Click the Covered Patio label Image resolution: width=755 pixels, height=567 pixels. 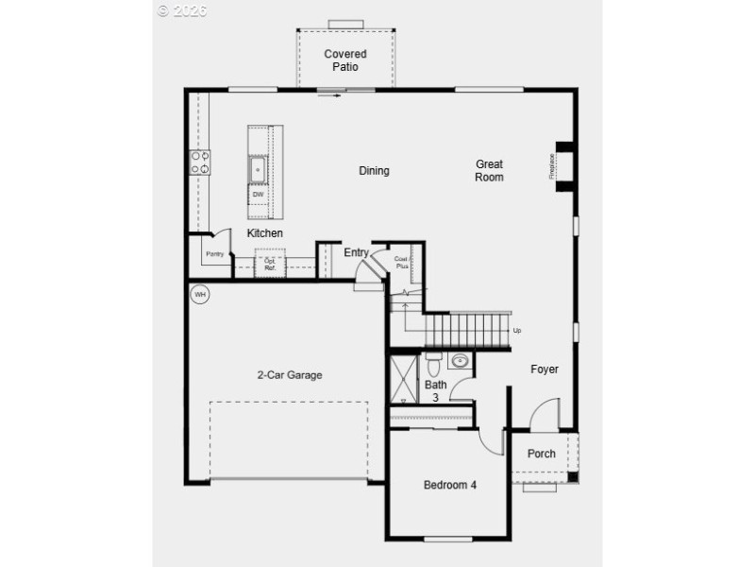(x=344, y=60)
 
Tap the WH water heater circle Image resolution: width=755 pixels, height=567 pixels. (x=199, y=295)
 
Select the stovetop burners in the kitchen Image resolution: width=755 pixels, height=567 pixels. (x=200, y=163)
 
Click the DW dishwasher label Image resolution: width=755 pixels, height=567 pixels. (x=258, y=194)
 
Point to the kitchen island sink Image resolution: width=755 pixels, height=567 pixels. (x=258, y=168)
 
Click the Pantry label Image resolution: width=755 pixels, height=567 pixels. (x=215, y=253)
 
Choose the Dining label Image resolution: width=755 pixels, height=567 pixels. (x=374, y=171)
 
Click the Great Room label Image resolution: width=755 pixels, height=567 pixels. (x=489, y=170)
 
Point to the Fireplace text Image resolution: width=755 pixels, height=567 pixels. (x=553, y=166)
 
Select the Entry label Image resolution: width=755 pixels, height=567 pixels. (x=356, y=252)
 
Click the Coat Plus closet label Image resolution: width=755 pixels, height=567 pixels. (x=401, y=262)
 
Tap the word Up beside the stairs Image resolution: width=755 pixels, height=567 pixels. (x=516, y=331)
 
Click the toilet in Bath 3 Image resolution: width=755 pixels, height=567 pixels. (x=433, y=363)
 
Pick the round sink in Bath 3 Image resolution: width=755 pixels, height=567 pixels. (x=461, y=361)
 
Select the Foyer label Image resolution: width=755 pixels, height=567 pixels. (x=545, y=369)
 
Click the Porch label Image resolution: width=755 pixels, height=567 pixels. (x=541, y=454)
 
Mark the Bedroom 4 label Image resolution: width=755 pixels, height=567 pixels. (x=449, y=485)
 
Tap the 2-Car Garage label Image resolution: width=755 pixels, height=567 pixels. (x=290, y=375)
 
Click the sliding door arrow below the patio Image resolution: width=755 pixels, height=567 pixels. (x=328, y=94)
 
